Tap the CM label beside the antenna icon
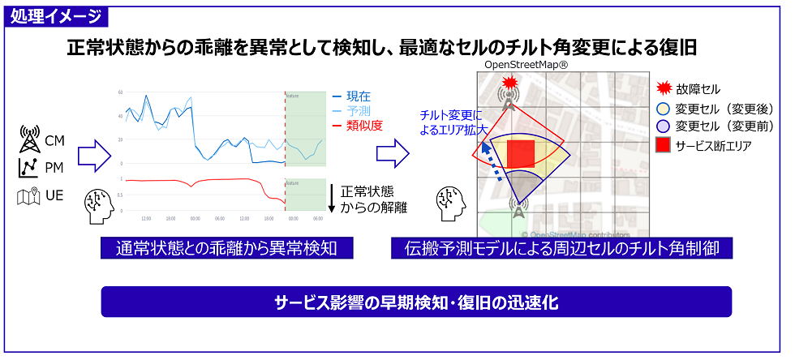(54, 142)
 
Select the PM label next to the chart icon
(54, 169)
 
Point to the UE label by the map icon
(54, 196)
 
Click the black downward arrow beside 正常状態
(332, 199)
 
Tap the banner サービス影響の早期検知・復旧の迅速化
(415, 302)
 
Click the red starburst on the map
(509, 83)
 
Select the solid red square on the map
(520, 153)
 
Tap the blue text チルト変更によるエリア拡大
(450, 121)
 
